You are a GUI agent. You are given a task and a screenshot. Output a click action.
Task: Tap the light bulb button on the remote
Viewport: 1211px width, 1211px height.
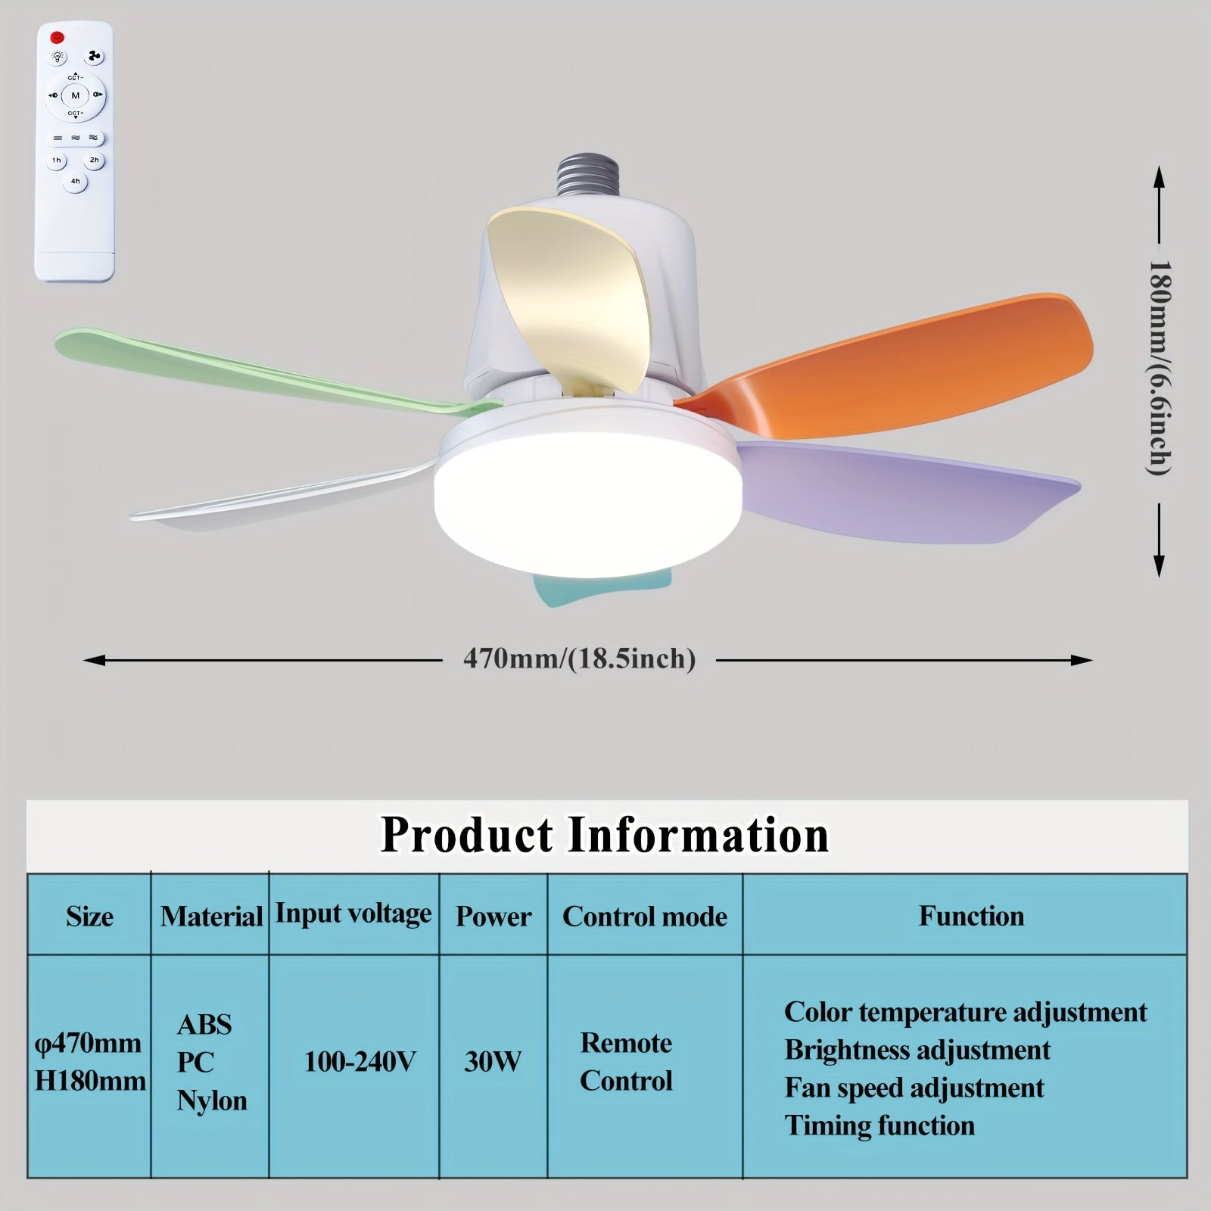pyautogui.click(x=58, y=57)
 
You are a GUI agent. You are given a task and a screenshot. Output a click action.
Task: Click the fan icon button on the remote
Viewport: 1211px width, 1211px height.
pyautogui.click(x=95, y=57)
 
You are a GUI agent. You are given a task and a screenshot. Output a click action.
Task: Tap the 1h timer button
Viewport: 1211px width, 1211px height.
pyautogui.click(x=57, y=160)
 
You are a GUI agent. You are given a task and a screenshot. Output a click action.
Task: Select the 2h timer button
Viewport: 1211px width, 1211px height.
pyautogui.click(x=94, y=160)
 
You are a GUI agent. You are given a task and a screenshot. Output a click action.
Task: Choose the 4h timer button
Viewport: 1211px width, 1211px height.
pyautogui.click(x=75, y=182)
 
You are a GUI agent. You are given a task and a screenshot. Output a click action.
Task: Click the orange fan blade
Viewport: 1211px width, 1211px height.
pyautogui.click(x=908, y=356)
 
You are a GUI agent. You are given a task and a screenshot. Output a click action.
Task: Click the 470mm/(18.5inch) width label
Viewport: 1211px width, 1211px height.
pyautogui.click(x=579, y=659)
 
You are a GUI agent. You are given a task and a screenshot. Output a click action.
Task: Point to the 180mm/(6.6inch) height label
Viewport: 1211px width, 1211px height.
pyautogui.click(x=1159, y=369)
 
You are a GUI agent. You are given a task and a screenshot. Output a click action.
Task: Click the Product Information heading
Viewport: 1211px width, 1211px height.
pyautogui.click(x=605, y=835)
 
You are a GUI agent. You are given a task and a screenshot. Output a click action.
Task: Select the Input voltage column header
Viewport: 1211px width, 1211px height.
pyautogui.click(x=353, y=914)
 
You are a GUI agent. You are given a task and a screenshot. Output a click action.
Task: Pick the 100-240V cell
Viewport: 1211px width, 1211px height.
pyautogui.click(x=360, y=1062)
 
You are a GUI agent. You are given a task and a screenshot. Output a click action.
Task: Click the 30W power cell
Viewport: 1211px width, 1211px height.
pyautogui.click(x=493, y=1061)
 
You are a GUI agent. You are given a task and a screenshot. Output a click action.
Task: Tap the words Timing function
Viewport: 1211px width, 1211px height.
pyautogui.click(x=879, y=1125)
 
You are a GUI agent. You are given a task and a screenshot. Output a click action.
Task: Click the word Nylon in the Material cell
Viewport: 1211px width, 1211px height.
pyautogui.click(x=212, y=1100)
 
